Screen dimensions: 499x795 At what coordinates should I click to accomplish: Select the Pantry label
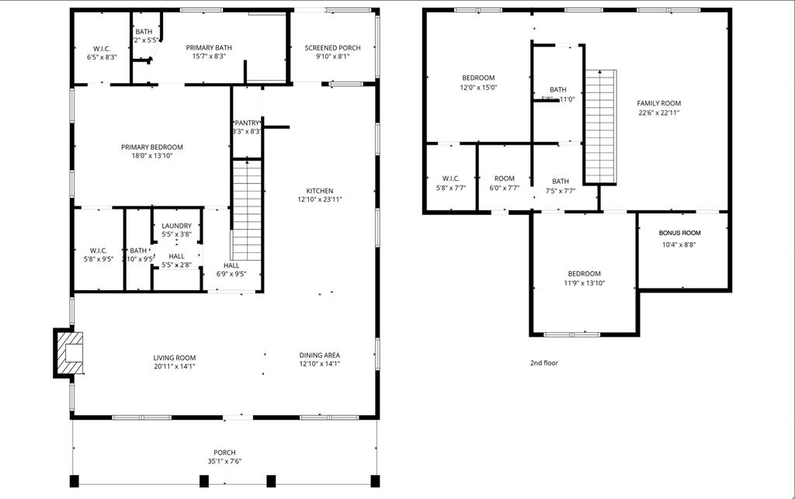click(x=247, y=123)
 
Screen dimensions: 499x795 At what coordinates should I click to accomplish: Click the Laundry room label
click(x=176, y=226)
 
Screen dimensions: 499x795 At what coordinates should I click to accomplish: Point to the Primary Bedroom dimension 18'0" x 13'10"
click(x=152, y=155)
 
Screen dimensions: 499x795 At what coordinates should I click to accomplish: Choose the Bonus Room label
click(x=679, y=233)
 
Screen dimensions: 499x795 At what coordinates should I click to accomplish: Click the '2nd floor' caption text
click(x=543, y=363)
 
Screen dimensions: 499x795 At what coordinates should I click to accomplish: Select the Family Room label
click(x=658, y=103)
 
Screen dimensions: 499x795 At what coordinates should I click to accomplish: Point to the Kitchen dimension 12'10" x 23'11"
click(x=319, y=199)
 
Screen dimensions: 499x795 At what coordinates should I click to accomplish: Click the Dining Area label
click(x=319, y=355)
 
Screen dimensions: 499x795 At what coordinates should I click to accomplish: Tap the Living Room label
click(x=174, y=358)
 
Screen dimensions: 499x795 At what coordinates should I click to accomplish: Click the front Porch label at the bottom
click(x=224, y=452)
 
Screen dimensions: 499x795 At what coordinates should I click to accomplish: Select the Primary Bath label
click(x=209, y=48)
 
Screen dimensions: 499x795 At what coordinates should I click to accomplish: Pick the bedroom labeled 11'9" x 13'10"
click(x=584, y=278)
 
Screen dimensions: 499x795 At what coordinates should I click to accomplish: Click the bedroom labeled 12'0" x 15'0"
click(x=478, y=82)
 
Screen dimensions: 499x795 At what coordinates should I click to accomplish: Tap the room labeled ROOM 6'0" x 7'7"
click(x=504, y=183)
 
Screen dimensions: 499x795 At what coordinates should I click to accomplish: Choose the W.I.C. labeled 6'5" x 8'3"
click(x=99, y=52)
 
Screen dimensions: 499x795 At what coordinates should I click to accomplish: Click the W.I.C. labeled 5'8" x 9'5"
click(x=98, y=255)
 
